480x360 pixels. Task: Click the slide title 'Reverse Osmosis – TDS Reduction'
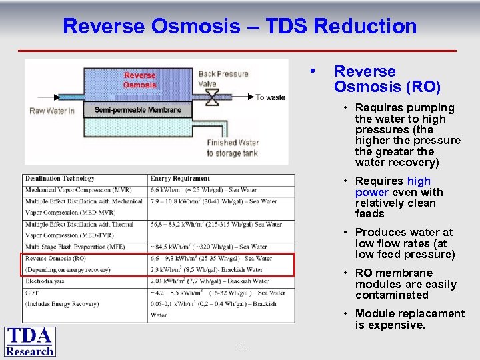coord(239,27)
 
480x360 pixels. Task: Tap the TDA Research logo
coord(30,341)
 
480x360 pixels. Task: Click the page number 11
coord(242,347)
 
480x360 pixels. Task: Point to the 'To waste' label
coord(270,97)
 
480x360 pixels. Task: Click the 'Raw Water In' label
coord(52,111)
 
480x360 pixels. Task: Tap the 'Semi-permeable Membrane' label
coord(137,110)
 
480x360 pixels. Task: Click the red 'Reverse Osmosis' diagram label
coord(139,80)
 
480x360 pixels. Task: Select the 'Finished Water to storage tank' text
coord(232,148)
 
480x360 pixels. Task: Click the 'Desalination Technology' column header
coord(59,179)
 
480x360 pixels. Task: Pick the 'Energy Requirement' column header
coord(180,179)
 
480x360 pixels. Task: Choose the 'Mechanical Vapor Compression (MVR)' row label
coord(77,190)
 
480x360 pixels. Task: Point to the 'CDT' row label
coord(32,292)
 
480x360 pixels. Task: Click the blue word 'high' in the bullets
coord(419,181)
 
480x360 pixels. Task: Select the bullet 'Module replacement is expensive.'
coord(409,319)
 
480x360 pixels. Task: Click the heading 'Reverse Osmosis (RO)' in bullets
coord(387,79)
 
